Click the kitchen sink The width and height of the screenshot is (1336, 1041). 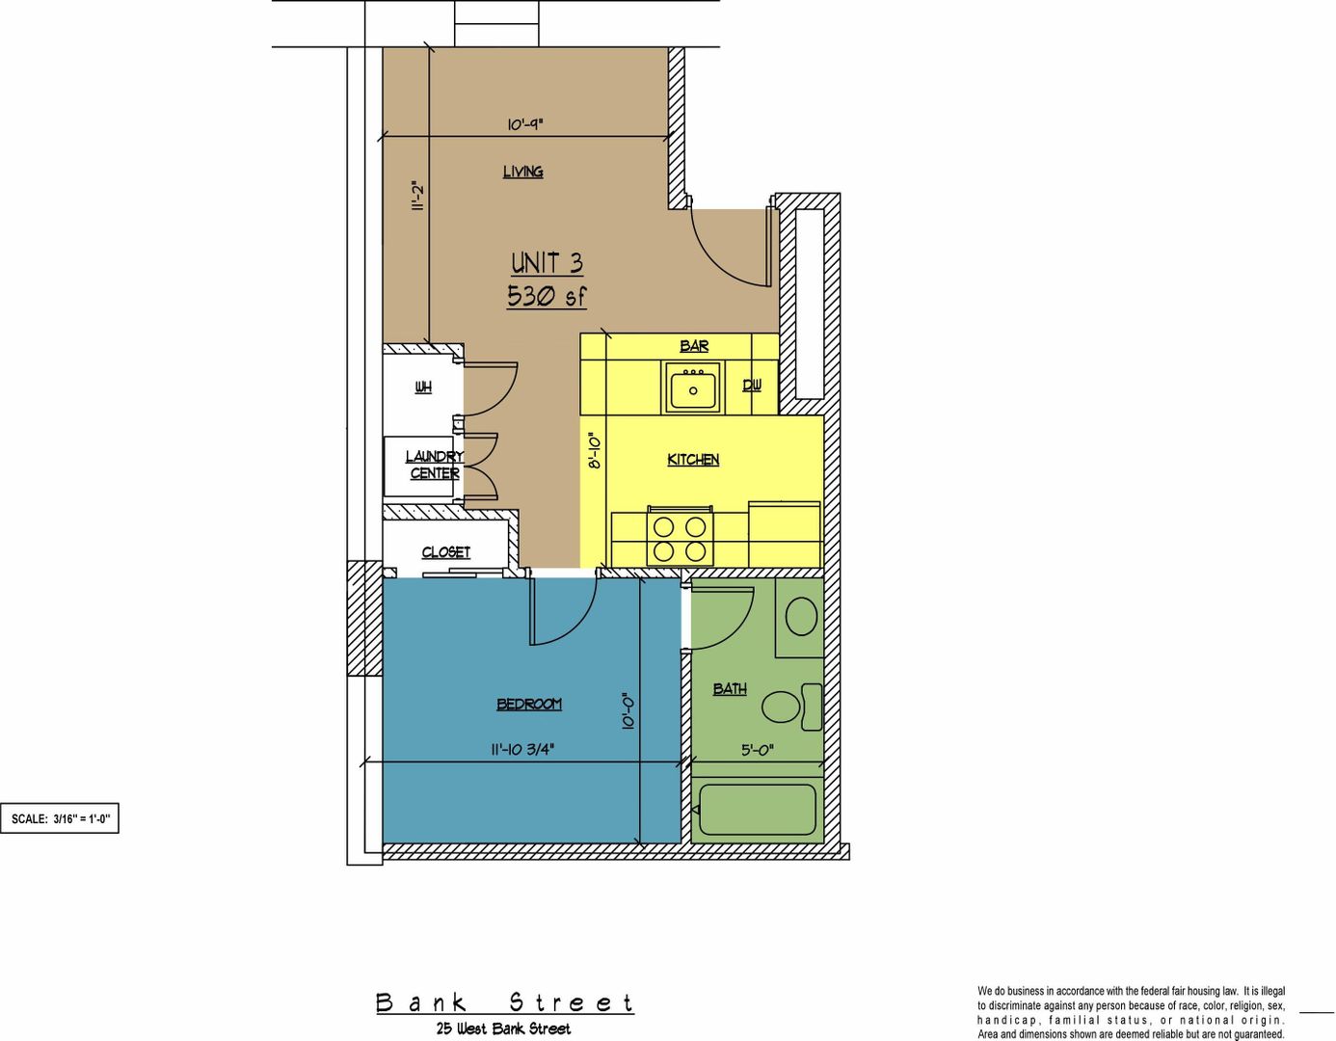click(693, 387)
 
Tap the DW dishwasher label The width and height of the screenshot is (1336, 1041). click(751, 386)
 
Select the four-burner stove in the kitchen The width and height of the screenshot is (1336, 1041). click(680, 536)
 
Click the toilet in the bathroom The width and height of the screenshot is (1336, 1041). click(792, 707)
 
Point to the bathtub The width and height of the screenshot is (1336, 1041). click(758, 810)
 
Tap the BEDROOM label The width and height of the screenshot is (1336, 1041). click(529, 704)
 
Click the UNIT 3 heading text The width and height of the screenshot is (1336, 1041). click(547, 264)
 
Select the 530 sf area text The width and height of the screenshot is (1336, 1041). click(547, 297)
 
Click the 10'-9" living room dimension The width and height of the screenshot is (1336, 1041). click(525, 124)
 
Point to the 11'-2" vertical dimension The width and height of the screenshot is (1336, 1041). click(418, 196)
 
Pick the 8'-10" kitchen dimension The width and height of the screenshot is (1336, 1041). click(594, 452)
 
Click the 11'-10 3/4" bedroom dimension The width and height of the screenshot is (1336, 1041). click(525, 750)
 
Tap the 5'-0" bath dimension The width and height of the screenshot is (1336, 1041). click(757, 750)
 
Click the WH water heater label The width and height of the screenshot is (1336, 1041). click(423, 387)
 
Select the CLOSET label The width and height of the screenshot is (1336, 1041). click(445, 552)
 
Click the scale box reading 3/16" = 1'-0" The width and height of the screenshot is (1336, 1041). click(60, 818)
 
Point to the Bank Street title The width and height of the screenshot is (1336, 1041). click(505, 1003)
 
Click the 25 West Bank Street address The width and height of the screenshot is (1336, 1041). click(503, 1028)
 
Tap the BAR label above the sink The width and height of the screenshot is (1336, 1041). click(694, 346)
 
